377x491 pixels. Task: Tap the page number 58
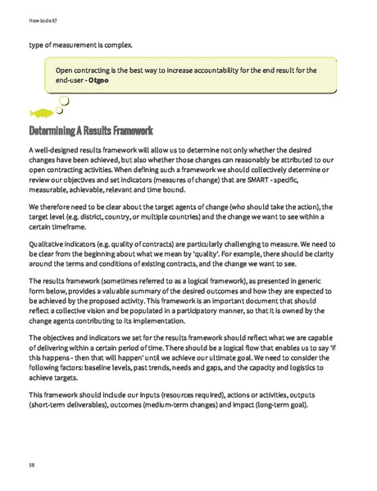pos(32,464)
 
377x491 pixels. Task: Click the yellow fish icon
pos(41,112)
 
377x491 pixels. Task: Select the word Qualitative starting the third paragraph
pos(48,243)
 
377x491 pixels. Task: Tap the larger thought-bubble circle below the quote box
pos(63,102)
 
